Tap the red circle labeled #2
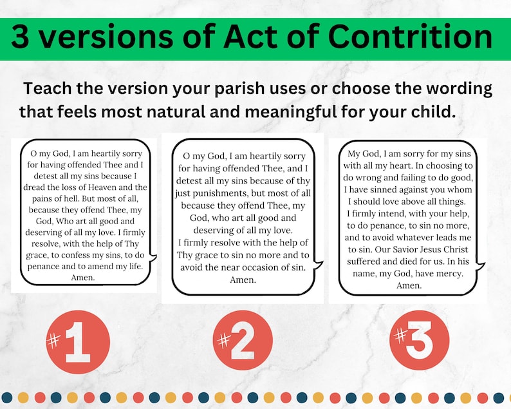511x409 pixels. pyautogui.click(x=242, y=340)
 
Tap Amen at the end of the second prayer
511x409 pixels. pyautogui.click(x=243, y=280)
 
